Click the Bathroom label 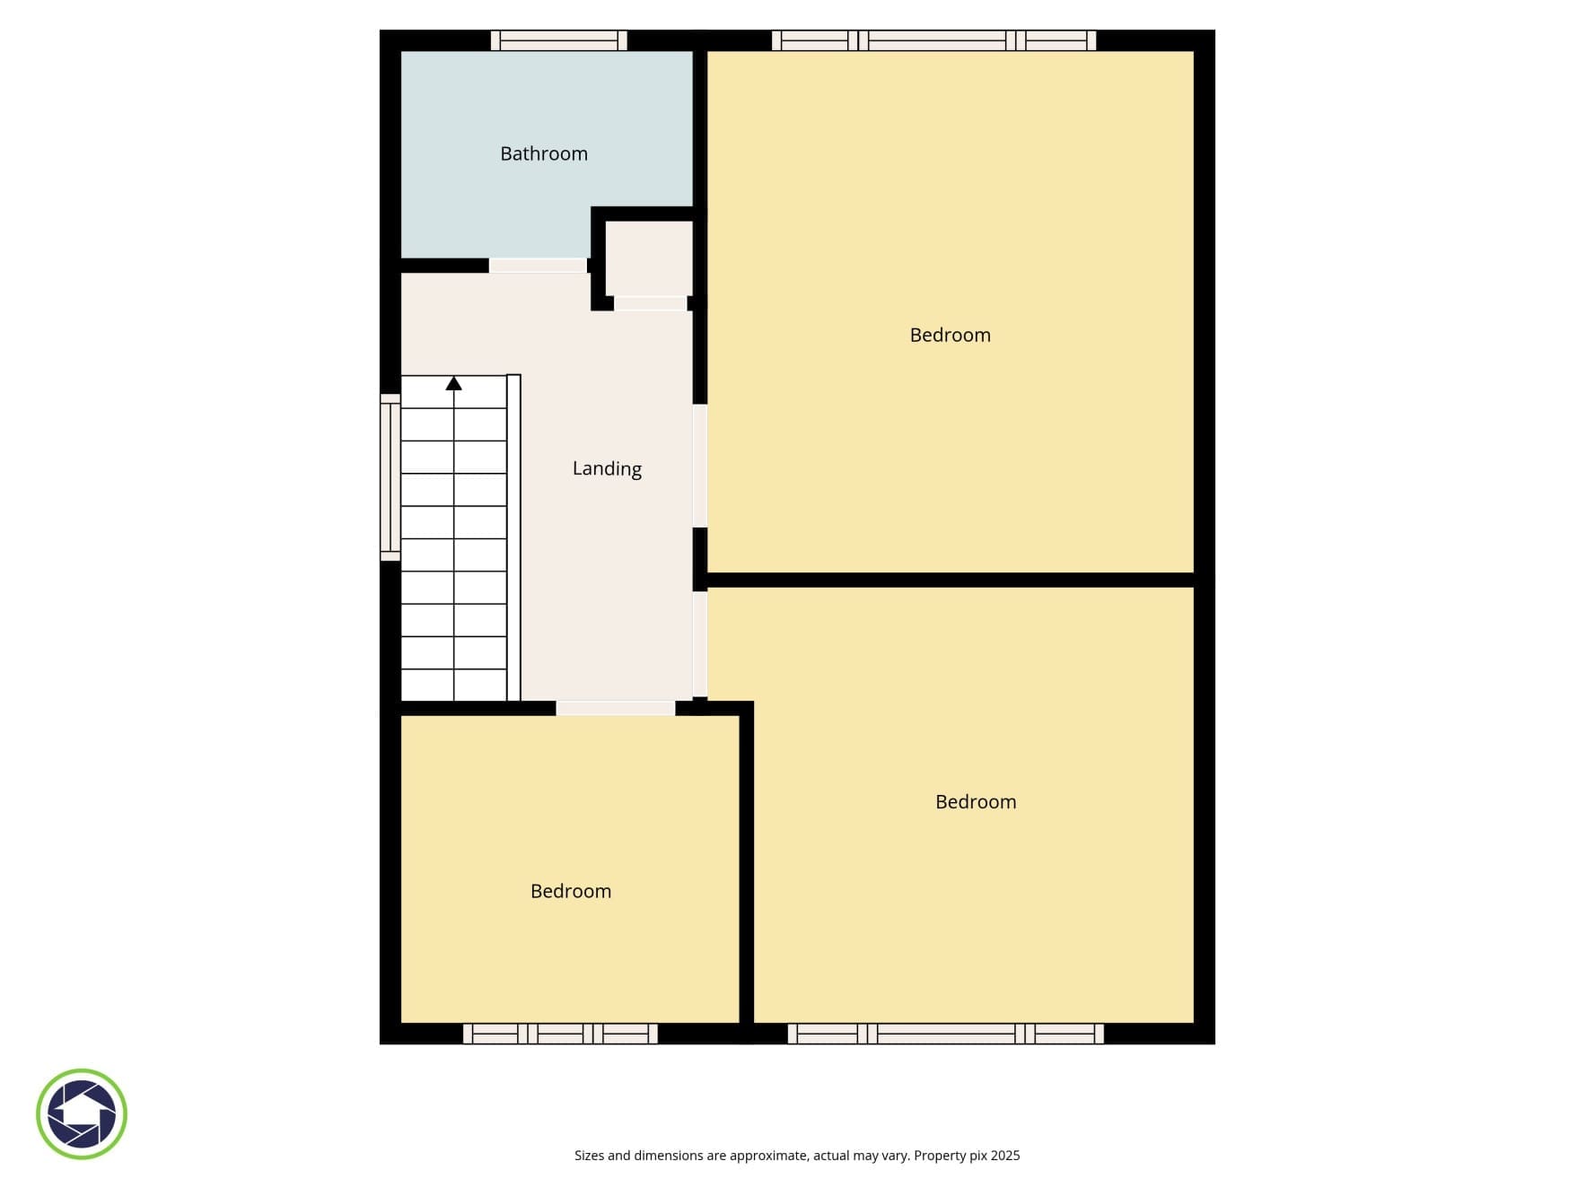pos(544,153)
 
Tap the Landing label pos(607,468)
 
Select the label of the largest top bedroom pos(950,335)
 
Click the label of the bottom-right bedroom pos(976,801)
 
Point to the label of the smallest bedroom pos(571,891)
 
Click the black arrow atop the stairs pos(454,383)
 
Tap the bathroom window pos(558,40)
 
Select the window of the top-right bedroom pos(933,40)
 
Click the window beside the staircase pos(390,477)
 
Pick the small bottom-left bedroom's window pos(560,1034)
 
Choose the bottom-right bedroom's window pos(946,1034)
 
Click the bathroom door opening pos(538,266)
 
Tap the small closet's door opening pos(651,304)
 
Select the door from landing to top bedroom pos(700,466)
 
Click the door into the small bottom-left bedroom pos(616,708)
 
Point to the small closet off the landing pos(649,258)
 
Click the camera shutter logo pos(82,1113)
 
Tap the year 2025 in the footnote pos(1005,1156)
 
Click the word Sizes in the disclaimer pos(589,1156)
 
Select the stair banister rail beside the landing pos(514,537)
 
